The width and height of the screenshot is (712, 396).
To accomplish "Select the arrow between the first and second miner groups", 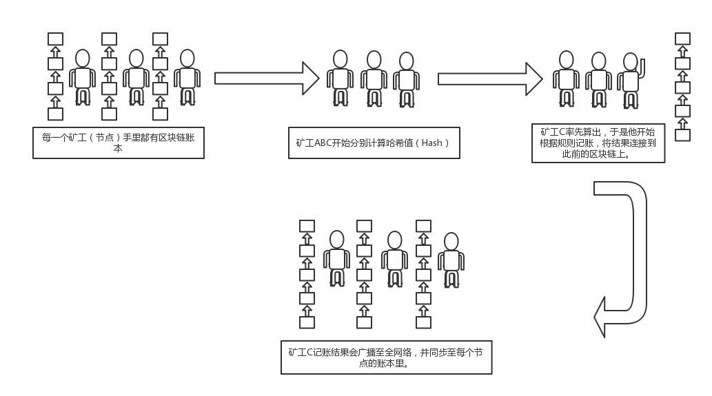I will click(266, 79).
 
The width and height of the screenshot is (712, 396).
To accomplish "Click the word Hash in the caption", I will click(431, 143).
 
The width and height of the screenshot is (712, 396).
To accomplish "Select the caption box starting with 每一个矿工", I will click(119, 143).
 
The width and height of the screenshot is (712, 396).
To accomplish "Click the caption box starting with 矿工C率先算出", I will click(598, 143).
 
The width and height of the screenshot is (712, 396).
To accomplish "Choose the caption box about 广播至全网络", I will click(386, 357).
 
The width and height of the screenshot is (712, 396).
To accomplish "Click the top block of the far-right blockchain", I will click(682, 39).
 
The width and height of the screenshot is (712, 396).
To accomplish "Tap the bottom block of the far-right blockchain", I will click(682, 135).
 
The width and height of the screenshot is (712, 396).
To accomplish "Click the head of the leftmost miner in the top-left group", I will click(83, 59).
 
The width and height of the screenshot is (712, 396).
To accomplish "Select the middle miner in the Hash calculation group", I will click(374, 79).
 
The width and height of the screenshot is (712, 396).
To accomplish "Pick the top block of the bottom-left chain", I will click(307, 226).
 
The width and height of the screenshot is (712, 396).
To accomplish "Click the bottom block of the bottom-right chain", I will click(423, 322).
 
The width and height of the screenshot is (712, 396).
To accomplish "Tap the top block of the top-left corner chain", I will click(55, 39).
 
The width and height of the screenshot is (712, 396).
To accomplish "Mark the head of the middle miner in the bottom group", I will click(394, 240).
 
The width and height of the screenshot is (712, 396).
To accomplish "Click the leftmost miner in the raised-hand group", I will click(566, 79).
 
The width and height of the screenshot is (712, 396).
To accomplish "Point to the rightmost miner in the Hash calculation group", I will click(406, 81).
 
